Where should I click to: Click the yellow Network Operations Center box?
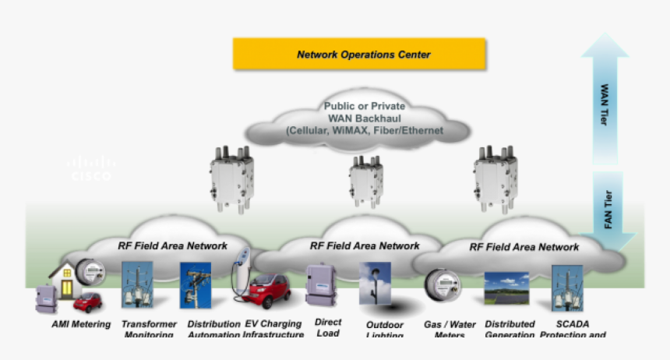(359, 55)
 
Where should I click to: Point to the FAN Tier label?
(608, 210)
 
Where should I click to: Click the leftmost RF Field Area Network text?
(173, 245)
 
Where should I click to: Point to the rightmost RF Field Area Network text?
(524, 247)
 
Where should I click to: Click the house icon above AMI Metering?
(65, 280)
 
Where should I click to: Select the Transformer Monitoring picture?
(137, 285)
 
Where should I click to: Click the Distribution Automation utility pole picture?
(195, 285)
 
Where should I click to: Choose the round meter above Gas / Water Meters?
(441, 286)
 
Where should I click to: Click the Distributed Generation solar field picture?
(506, 288)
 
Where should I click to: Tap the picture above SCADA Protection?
(568, 288)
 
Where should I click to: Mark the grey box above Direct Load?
(320, 285)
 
